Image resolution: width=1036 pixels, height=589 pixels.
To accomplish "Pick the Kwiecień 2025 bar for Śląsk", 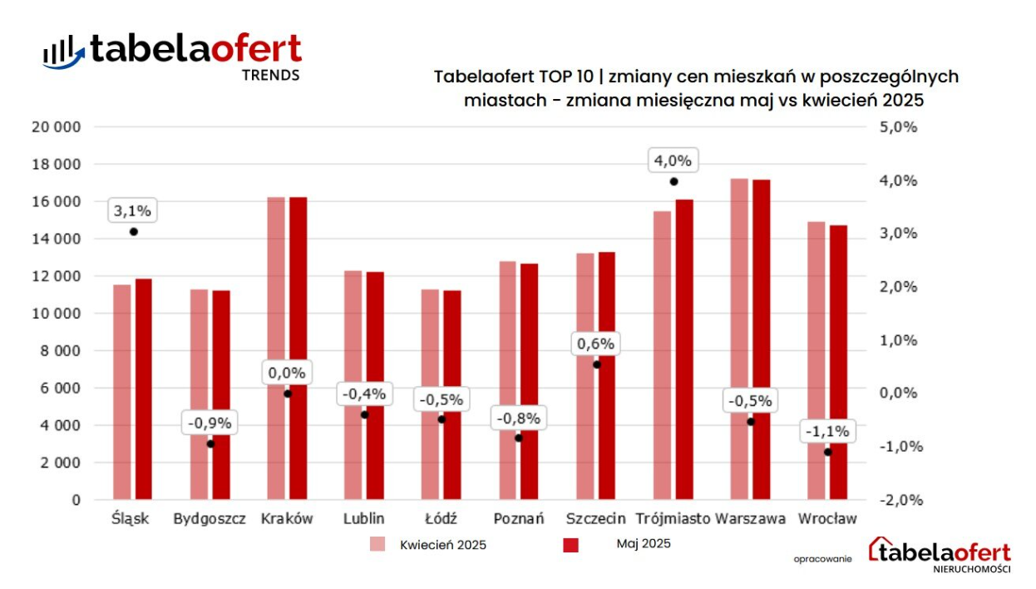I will (122, 392).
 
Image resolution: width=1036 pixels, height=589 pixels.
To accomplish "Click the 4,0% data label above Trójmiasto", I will (673, 161).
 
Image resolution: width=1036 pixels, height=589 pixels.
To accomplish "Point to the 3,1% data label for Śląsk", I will (133, 211).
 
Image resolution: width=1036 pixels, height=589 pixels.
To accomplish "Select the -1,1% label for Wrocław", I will (827, 432).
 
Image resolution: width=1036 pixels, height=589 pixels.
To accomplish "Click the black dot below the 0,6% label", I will (596, 364).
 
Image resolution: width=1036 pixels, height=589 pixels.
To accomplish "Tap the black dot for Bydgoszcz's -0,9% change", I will (210, 443).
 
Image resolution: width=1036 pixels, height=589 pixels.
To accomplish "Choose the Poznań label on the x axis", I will (519, 519).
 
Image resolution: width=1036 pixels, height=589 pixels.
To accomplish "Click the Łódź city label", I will (442, 519).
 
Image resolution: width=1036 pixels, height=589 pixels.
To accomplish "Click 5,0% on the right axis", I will (899, 127).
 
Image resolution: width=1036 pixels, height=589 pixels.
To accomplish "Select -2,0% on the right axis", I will (898, 500).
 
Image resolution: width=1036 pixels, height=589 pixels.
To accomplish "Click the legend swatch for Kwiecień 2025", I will (378, 545).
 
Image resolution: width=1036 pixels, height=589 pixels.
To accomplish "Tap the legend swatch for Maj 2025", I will (570, 545).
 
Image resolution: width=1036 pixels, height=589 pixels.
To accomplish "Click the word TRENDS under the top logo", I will (270, 75).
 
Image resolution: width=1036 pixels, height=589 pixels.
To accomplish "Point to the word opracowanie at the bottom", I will (822, 559).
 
